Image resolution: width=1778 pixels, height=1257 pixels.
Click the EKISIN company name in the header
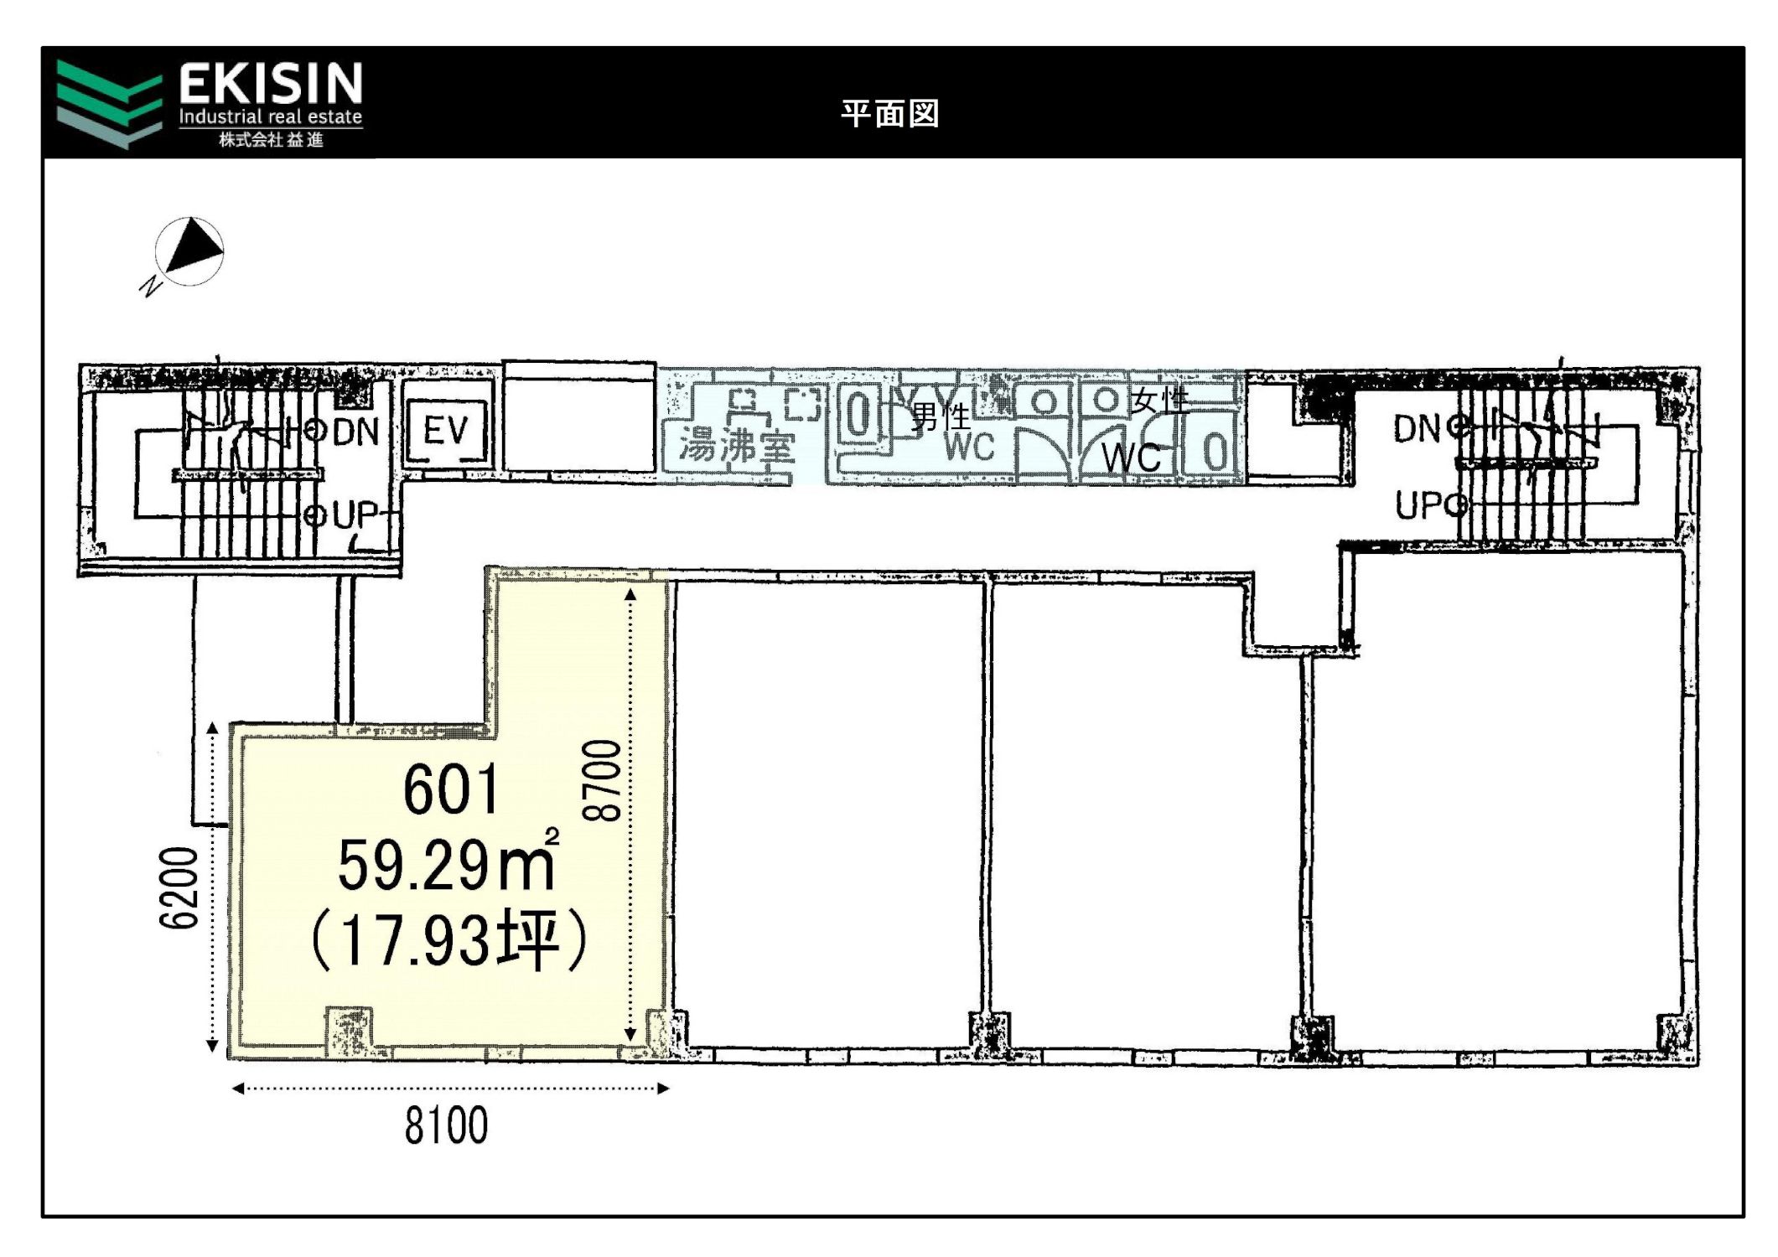(x=271, y=84)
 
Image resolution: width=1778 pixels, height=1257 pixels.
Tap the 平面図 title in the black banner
(x=889, y=113)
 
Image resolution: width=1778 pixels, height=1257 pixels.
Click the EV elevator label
(x=445, y=431)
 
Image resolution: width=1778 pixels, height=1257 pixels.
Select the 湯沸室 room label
(x=736, y=445)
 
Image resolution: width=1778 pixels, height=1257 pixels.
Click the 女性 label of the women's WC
(x=1160, y=401)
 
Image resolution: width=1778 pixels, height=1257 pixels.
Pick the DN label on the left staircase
(x=356, y=432)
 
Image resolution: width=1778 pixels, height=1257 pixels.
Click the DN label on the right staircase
(x=1418, y=429)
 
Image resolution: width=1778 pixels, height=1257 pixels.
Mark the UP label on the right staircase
(x=1419, y=505)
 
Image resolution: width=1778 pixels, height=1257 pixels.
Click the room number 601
(x=451, y=789)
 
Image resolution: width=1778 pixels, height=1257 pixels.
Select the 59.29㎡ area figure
(x=448, y=863)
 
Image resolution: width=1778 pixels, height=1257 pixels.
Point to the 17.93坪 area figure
(x=448, y=940)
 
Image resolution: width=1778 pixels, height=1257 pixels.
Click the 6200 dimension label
(x=179, y=887)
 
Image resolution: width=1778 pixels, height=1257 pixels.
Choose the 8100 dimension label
(x=447, y=1125)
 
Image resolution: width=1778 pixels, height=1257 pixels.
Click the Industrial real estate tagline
(x=271, y=116)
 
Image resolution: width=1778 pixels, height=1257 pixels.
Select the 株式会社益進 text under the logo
(x=272, y=140)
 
